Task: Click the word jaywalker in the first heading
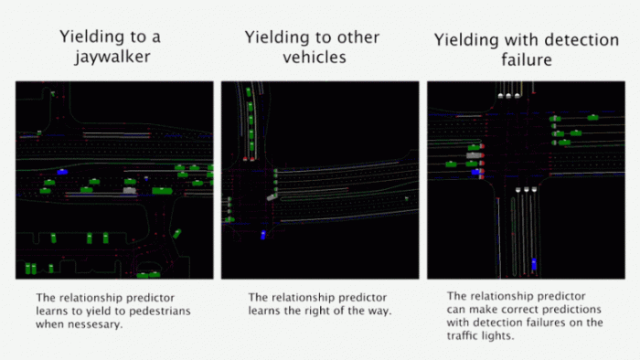[112, 57]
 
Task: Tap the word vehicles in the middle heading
[315, 57]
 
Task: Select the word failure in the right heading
[527, 59]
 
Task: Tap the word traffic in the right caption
[464, 335]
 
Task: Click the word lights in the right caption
[500, 336]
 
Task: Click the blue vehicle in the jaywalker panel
[62, 172]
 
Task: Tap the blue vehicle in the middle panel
[263, 235]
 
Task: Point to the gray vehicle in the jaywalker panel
[130, 190]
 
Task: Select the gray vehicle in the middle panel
[272, 197]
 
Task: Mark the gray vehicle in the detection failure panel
[475, 155]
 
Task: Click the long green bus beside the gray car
[162, 191]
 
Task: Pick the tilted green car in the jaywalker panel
[176, 234]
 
